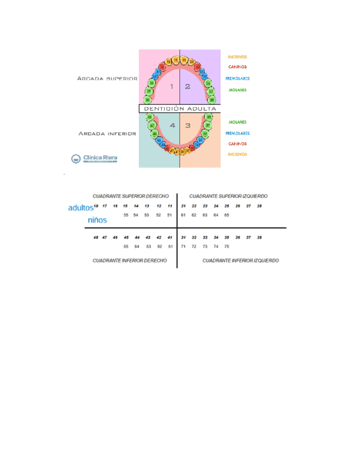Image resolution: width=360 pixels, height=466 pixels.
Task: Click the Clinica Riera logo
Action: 94,159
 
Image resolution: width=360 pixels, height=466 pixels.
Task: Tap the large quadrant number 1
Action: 171,86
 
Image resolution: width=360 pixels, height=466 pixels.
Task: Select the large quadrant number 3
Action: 187,125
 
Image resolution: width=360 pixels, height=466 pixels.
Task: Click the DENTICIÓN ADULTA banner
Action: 180,109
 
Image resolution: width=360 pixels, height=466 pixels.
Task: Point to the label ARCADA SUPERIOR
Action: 107,79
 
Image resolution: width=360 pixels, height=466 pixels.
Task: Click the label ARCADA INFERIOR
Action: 107,134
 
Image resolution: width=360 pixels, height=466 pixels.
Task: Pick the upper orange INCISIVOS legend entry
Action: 237,57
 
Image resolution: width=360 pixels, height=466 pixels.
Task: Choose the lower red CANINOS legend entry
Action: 237,144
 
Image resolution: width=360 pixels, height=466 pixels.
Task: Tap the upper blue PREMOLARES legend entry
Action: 237,79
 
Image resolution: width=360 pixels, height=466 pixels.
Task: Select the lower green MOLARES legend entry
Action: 237,122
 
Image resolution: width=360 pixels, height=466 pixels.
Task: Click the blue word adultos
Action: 80,208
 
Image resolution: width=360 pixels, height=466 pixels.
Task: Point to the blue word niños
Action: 97,220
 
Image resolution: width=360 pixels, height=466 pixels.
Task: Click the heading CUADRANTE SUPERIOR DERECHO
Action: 130,196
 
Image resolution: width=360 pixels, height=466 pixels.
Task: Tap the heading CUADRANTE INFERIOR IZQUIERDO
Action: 240,260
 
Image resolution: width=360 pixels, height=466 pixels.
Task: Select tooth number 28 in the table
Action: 259,206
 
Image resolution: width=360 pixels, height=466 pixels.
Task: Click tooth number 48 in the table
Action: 96,237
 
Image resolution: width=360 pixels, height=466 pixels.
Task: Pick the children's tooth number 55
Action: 126,215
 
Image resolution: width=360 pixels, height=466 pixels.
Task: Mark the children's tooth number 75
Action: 226,247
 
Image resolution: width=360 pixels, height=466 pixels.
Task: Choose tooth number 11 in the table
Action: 170,206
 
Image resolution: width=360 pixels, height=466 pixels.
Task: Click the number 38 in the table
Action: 259,237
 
